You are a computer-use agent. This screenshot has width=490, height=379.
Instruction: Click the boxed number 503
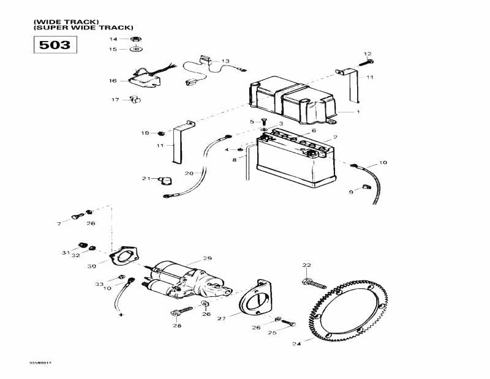click(55, 44)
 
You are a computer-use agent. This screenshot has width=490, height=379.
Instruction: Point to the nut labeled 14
click(135, 39)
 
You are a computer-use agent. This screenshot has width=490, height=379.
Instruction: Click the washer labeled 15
click(135, 49)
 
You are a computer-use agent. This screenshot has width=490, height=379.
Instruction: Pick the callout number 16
click(113, 80)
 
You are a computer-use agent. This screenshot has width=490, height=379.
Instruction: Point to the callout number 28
click(177, 325)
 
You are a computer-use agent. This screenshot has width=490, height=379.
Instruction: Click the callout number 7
click(59, 225)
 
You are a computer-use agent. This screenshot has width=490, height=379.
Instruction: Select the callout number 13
click(225, 61)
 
